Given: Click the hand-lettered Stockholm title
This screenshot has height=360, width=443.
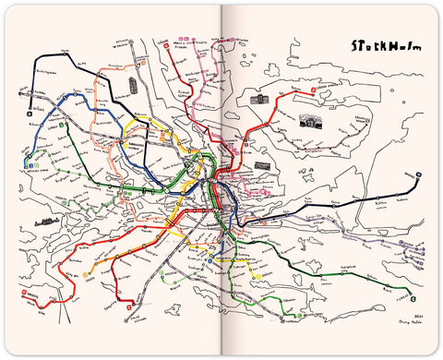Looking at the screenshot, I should pyautogui.click(x=379, y=45).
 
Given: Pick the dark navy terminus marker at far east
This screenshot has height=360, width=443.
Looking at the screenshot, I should pyautogui.click(x=419, y=173).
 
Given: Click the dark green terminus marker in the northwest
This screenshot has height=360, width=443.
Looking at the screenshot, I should pyautogui.click(x=58, y=122).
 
